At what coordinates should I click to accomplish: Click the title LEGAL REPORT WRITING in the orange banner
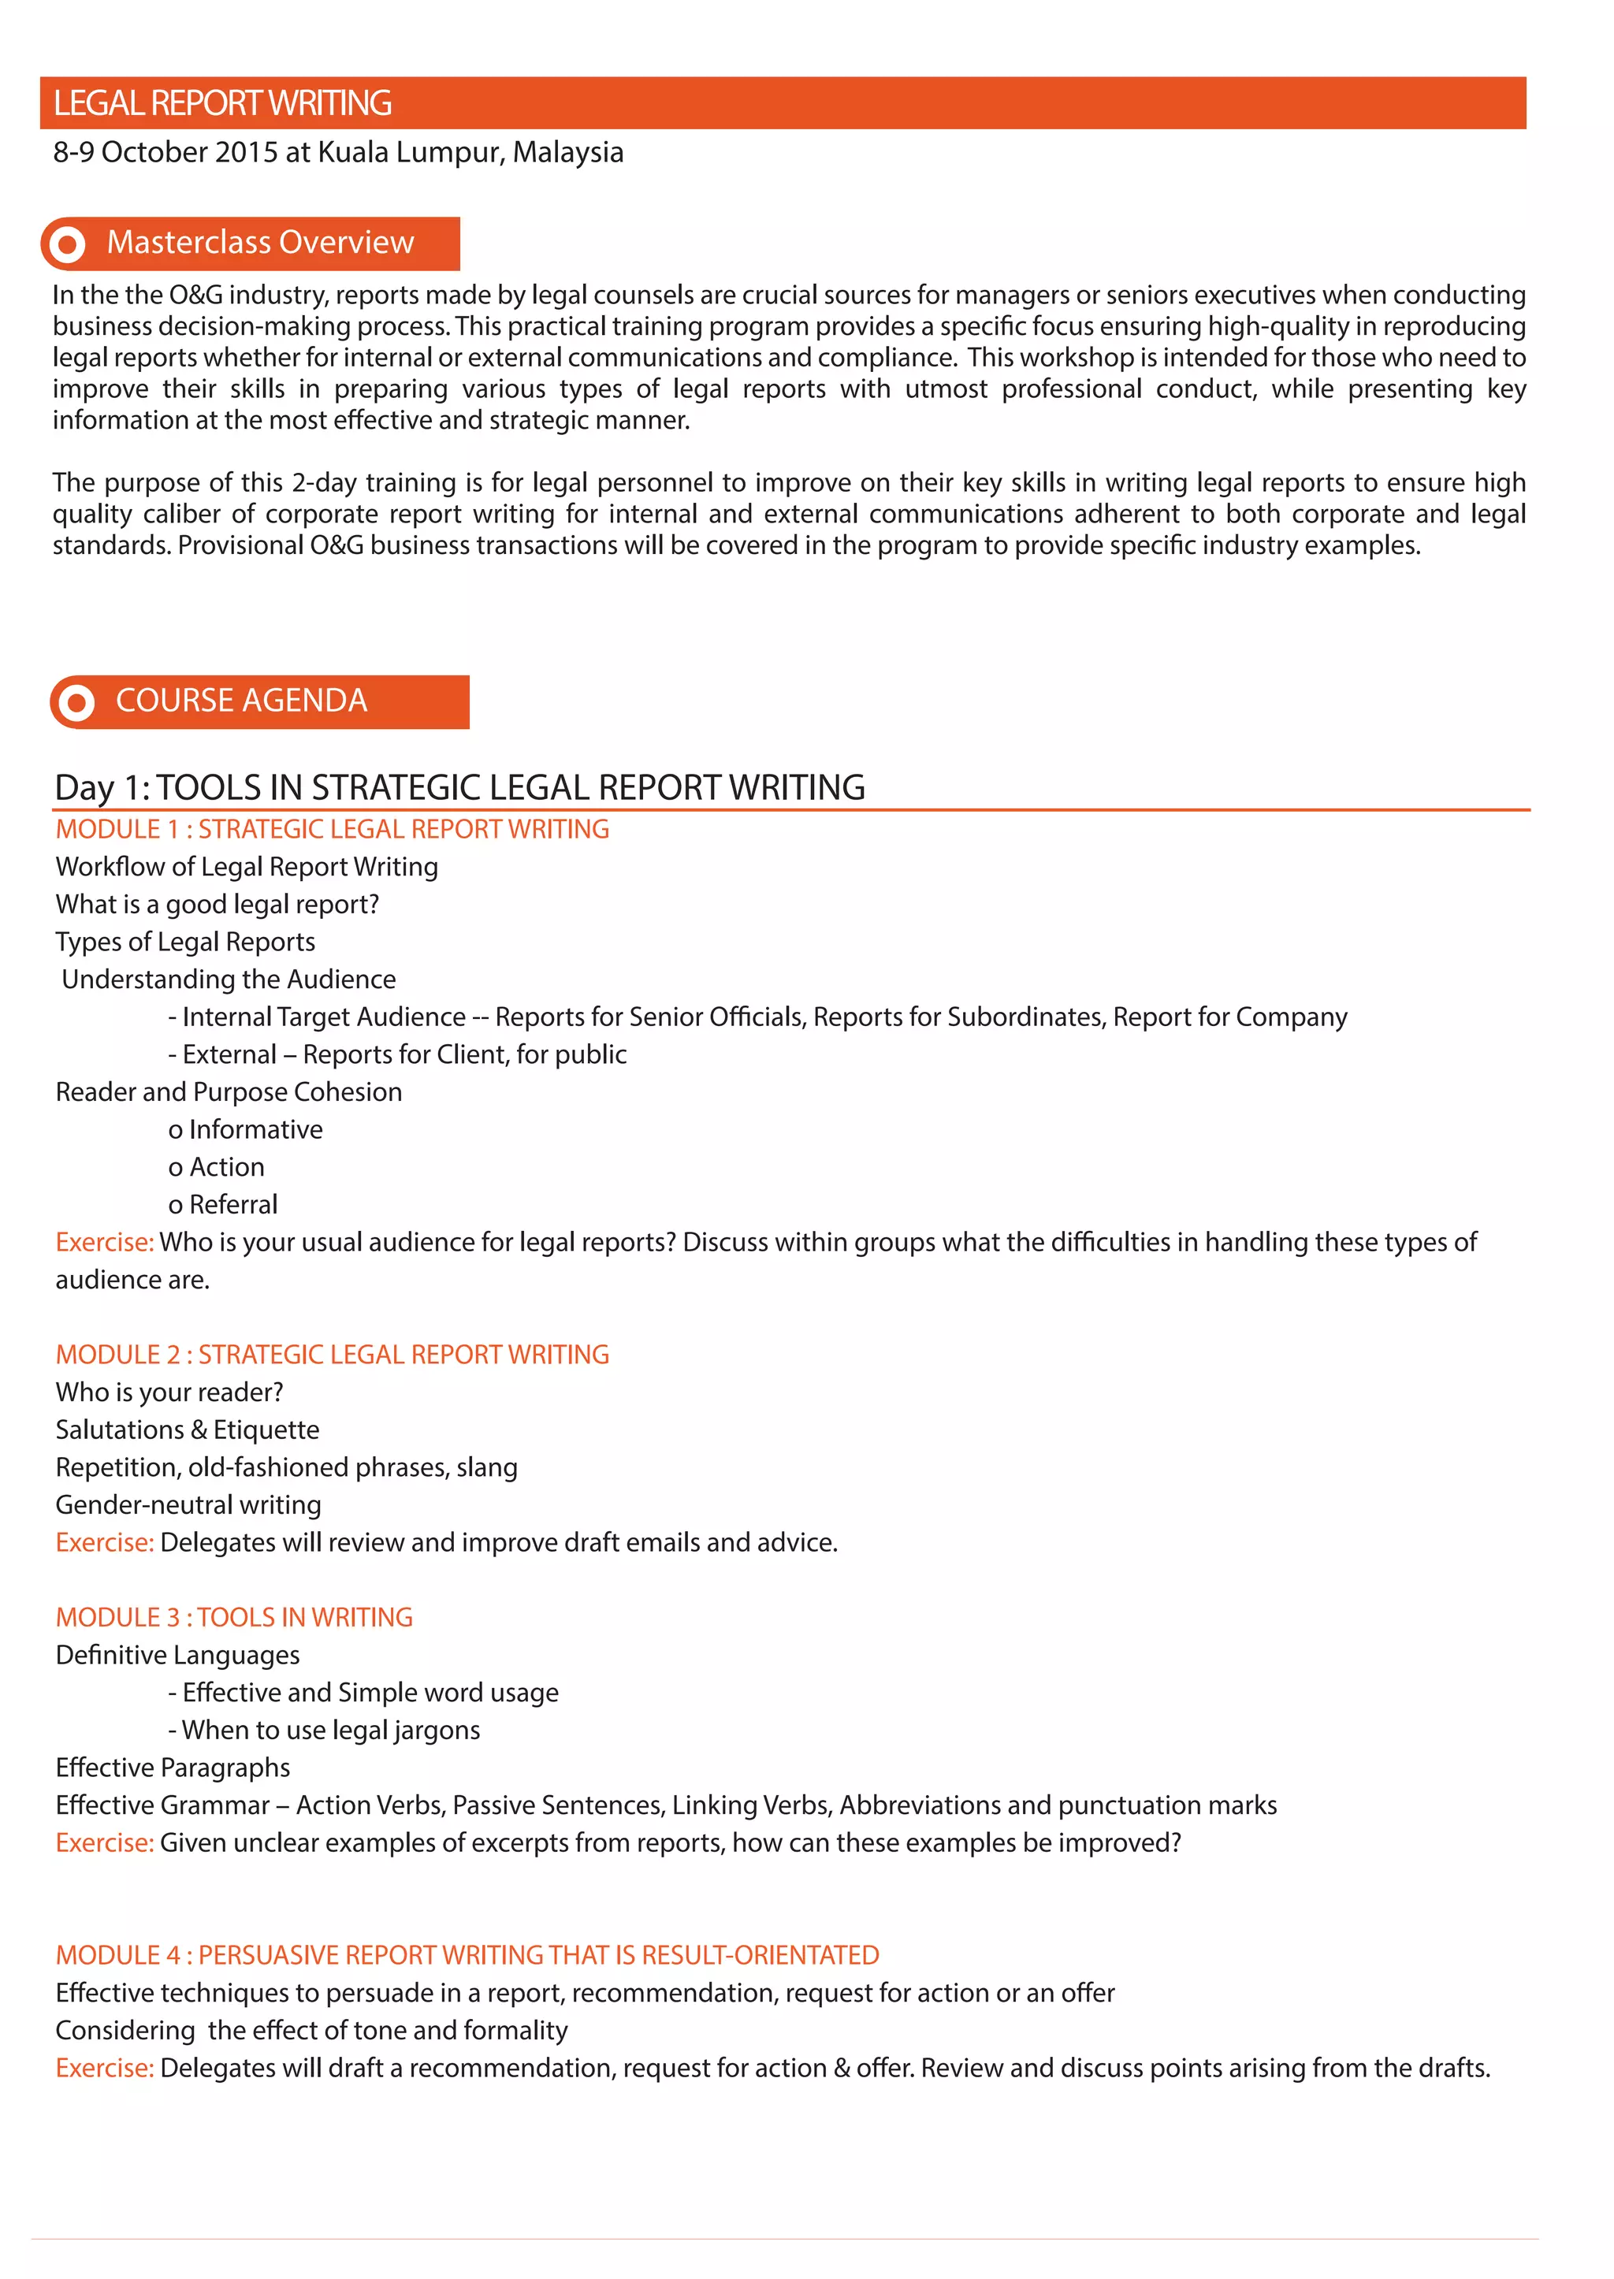click(222, 103)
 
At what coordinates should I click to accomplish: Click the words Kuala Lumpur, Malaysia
click(470, 152)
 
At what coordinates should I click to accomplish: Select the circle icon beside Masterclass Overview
click(68, 244)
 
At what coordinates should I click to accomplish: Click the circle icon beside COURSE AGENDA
click(76, 703)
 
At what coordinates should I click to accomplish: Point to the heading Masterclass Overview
click(259, 243)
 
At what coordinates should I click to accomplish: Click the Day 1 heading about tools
click(459, 787)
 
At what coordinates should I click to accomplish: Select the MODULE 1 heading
click(332, 829)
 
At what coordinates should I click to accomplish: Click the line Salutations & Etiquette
click(187, 1429)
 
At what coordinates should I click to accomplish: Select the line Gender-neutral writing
click(188, 1505)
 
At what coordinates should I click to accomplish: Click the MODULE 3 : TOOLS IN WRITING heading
click(233, 1617)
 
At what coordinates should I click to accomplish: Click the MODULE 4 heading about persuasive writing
click(467, 1955)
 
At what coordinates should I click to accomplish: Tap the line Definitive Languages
click(177, 1655)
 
